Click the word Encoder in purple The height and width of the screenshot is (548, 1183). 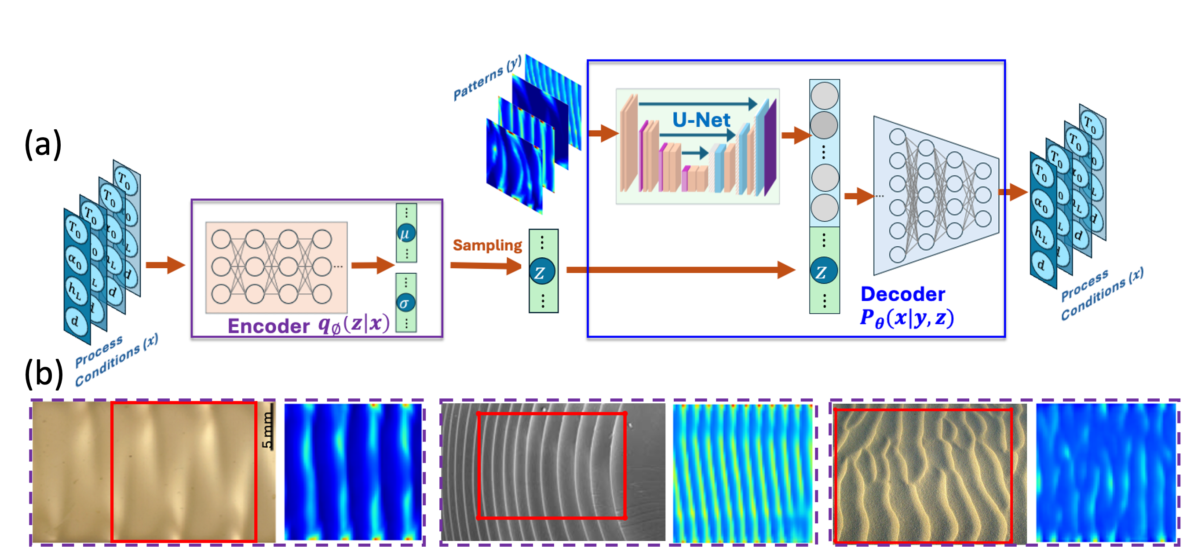point(269,326)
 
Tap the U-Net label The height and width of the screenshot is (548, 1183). point(701,121)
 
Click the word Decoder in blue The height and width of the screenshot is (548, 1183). point(902,294)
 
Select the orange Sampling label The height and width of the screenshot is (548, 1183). point(487,245)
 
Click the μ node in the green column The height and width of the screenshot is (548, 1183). point(406,234)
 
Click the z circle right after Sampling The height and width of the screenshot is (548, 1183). point(542,272)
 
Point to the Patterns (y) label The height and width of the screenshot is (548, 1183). point(487,78)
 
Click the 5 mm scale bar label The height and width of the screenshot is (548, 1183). point(267,430)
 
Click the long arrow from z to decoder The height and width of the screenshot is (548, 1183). point(679,270)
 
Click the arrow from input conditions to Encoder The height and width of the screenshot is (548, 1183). point(165,265)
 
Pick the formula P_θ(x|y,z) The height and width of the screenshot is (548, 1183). point(907,318)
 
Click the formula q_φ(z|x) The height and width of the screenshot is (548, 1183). point(354,324)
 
